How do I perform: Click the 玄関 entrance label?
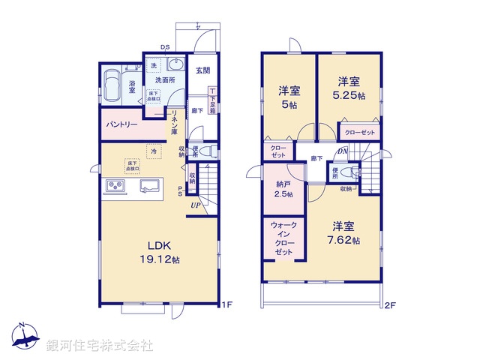tap(202, 71)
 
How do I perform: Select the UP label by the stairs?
tap(194, 205)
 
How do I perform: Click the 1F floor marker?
tap(226, 306)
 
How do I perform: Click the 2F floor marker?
tap(389, 306)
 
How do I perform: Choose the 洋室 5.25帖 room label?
tap(350, 88)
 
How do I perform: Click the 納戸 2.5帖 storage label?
tap(282, 188)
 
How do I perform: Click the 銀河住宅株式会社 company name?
tap(100, 346)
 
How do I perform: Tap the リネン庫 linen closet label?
tap(173, 122)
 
